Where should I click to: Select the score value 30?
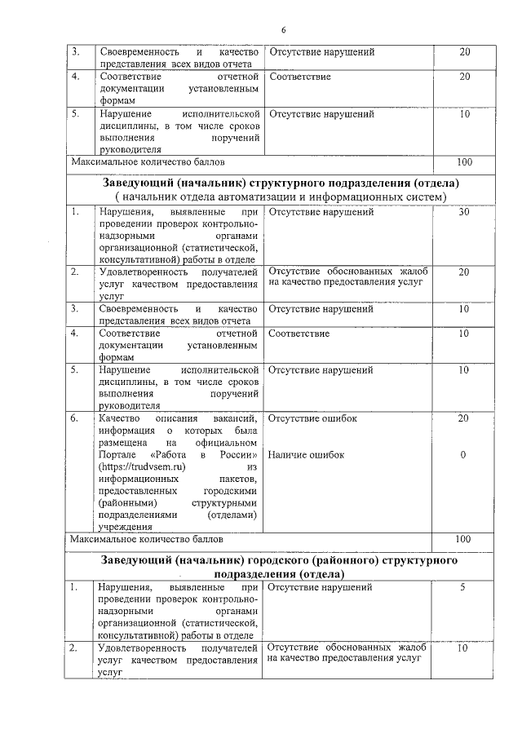[x=464, y=213]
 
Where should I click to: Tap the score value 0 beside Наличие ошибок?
[x=463, y=455]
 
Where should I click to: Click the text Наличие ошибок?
[x=306, y=455]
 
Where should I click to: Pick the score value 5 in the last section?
[x=463, y=587]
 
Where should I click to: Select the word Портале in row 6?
[x=117, y=455]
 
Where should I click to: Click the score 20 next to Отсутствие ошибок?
[x=464, y=418]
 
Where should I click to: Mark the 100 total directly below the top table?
[x=464, y=162]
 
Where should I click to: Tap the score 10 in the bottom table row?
[x=463, y=648]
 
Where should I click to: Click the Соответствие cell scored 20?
[x=299, y=77]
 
